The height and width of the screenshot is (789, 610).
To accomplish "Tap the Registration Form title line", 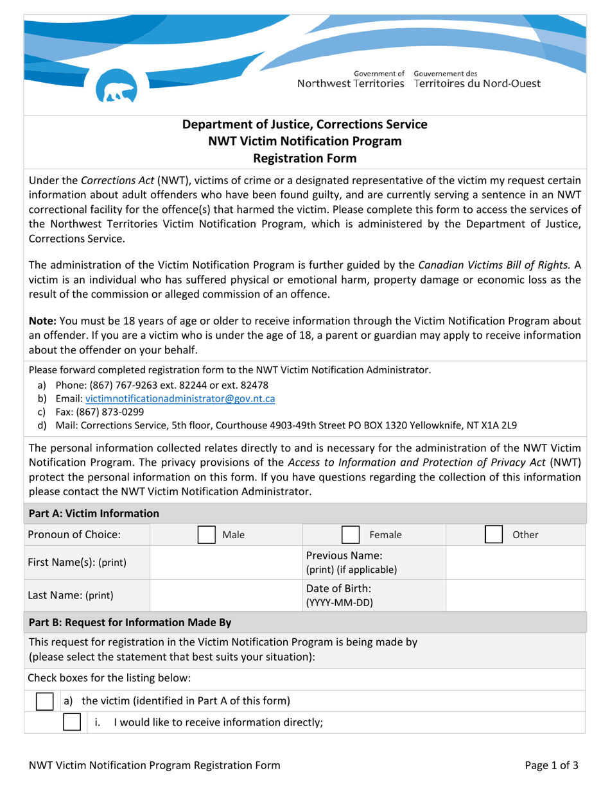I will tap(305, 156).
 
